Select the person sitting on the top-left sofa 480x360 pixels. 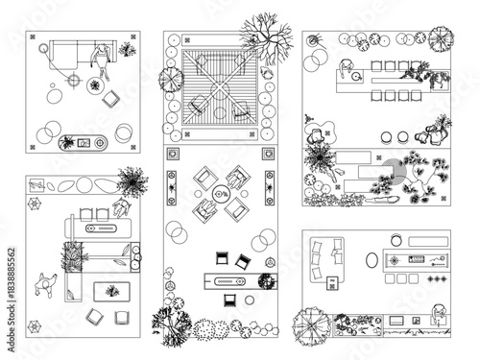click(x=99, y=56)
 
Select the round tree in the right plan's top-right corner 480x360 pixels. click(x=440, y=38)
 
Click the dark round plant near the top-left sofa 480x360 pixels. click(x=94, y=85)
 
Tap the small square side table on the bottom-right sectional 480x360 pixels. click(x=332, y=281)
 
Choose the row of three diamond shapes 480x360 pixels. click(x=437, y=278)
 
